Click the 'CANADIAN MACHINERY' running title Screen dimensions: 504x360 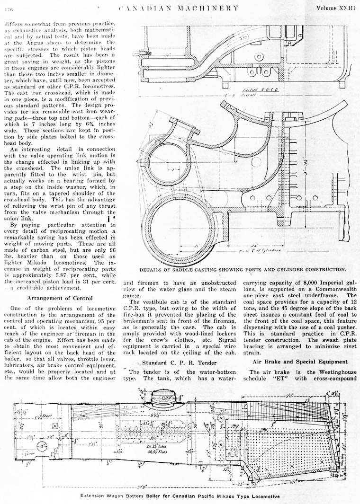coord(178,8)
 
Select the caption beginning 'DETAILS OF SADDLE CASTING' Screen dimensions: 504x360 coord(243,269)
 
